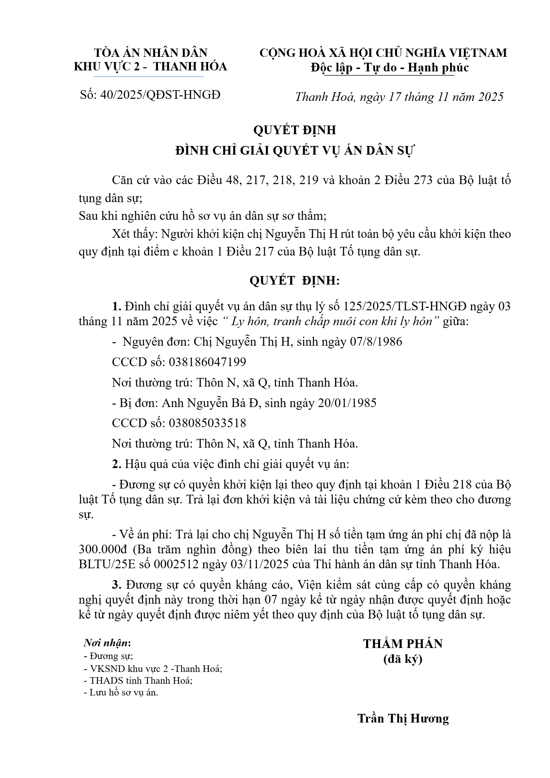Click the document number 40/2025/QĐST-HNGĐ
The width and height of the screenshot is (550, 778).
click(160, 95)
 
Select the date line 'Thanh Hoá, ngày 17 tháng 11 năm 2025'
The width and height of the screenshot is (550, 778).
click(399, 97)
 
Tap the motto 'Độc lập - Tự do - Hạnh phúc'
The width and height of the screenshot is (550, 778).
click(390, 67)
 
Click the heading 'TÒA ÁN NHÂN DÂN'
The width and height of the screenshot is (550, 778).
click(151, 53)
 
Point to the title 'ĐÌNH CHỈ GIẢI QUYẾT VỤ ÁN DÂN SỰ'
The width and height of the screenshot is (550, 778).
click(295, 150)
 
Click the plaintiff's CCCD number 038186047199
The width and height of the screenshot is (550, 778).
click(207, 362)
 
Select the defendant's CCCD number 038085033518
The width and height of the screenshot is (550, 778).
click(207, 423)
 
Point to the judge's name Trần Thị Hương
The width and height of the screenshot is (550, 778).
click(403, 718)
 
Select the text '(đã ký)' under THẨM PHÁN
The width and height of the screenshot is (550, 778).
click(403, 659)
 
